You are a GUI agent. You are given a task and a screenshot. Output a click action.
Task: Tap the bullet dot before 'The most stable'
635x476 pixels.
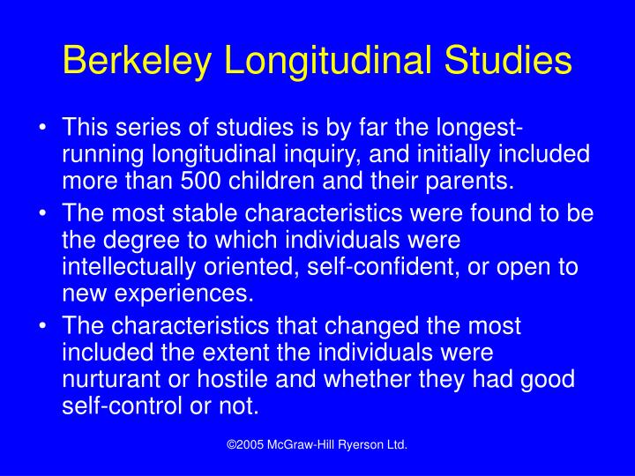point(44,214)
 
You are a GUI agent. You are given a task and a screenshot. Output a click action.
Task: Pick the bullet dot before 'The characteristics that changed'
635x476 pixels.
point(44,327)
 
